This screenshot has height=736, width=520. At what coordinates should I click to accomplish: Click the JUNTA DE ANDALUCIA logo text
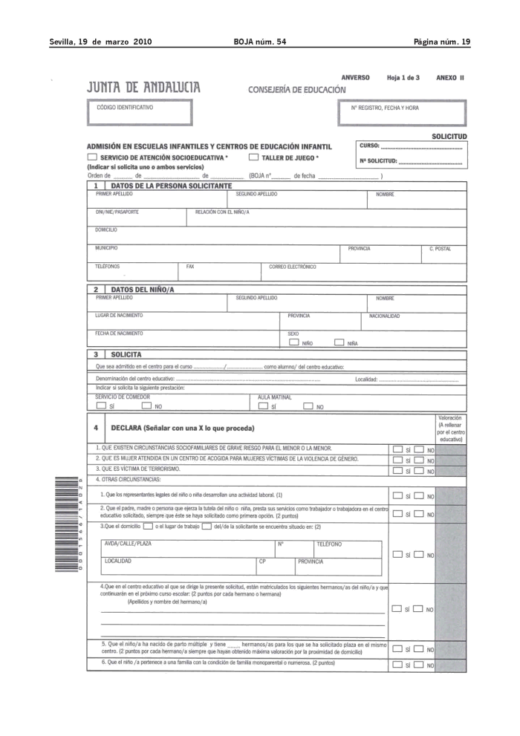(144, 88)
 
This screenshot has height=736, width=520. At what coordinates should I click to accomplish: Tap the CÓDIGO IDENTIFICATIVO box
(140, 112)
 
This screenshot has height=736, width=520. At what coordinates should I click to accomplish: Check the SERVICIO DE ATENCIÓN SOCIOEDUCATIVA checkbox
(92, 157)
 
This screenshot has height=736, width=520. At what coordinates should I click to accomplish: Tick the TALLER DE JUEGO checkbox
(253, 157)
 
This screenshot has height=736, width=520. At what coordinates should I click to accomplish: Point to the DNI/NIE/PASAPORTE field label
(117, 212)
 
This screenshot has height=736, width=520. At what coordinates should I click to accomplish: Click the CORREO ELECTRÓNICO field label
(293, 266)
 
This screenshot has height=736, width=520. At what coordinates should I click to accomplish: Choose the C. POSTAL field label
(440, 249)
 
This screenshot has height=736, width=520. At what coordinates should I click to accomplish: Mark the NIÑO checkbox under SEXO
(293, 342)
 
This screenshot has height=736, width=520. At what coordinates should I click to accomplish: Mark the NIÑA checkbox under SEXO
(339, 342)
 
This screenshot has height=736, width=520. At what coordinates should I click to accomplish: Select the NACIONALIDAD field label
(385, 316)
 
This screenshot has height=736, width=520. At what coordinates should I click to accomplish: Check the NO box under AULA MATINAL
(308, 406)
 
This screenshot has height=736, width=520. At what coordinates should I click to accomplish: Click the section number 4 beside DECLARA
(96, 429)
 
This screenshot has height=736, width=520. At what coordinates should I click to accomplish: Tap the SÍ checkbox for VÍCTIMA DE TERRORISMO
(398, 471)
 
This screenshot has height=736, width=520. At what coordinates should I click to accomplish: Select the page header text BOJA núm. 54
(259, 41)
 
